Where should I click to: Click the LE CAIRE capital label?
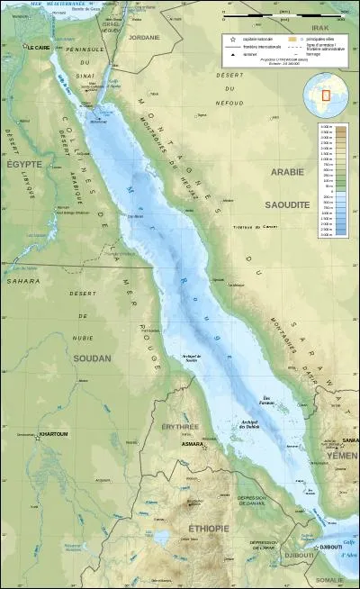pos(38,46)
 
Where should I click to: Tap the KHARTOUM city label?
pos(53,434)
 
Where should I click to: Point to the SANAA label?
pos(350,440)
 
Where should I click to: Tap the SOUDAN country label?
pos(93,358)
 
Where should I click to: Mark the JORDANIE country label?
pos(143,37)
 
